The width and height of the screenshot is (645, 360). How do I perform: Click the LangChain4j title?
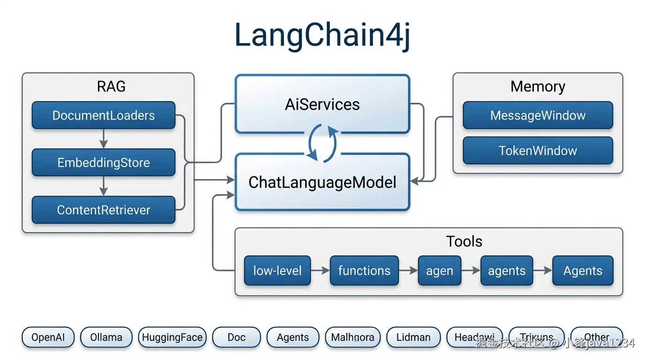tap(322, 36)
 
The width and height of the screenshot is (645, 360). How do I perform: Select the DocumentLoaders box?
tap(103, 115)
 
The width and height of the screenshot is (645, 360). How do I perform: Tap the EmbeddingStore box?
tap(103, 163)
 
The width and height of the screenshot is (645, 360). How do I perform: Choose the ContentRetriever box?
tap(103, 210)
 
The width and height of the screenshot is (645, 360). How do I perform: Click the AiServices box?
tap(322, 104)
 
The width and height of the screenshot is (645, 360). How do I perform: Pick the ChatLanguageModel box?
tap(322, 182)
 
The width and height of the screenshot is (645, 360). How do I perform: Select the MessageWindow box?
tap(538, 115)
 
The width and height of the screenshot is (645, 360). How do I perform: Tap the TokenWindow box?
tap(538, 150)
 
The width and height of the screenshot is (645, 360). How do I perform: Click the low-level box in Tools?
tap(277, 270)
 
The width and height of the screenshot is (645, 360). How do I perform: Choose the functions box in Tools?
tap(364, 270)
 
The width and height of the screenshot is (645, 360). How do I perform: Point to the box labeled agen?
tap(439, 271)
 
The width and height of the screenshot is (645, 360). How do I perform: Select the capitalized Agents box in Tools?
tap(583, 270)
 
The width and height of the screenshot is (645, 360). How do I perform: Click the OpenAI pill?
tap(48, 337)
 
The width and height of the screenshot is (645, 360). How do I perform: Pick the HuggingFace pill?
tap(172, 337)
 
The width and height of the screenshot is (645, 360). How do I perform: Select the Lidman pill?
tap(413, 337)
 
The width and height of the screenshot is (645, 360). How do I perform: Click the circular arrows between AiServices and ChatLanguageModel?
tap(322, 143)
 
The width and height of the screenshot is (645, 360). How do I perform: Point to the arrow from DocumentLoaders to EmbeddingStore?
tap(104, 139)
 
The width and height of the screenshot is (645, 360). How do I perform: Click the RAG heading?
tap(111, 87)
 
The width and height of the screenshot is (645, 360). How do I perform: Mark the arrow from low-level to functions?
tap(320, 270)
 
